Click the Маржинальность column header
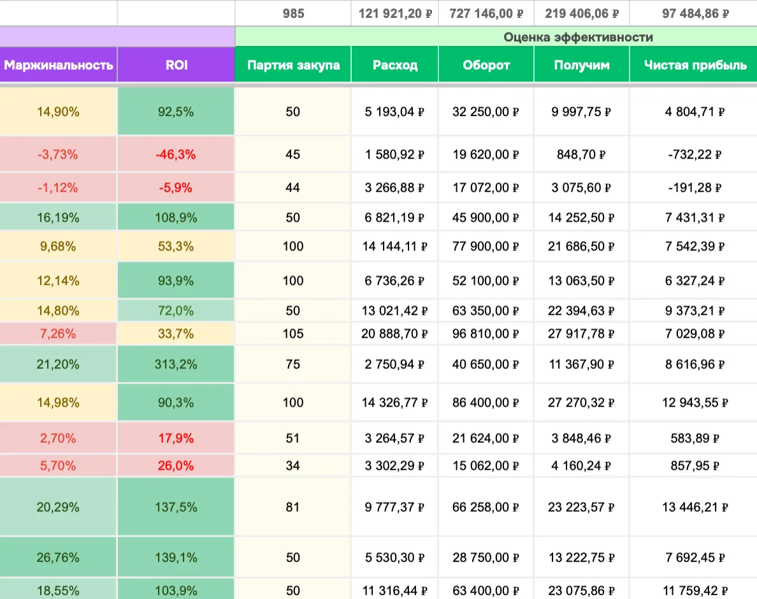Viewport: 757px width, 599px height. coord(59,65)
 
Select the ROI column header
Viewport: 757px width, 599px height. coord(177,65)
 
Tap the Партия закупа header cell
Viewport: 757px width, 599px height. coord(293,65)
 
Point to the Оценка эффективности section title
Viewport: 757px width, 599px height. coord(578,37)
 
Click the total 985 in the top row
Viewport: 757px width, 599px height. coord(294,13)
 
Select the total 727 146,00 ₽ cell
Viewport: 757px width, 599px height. coord(486,13)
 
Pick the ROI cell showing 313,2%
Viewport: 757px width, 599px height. coord(176,364)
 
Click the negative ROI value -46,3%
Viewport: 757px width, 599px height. coord(176,154)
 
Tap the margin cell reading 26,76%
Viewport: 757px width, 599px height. coord(58,558)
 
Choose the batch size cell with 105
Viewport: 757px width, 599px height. coord(293,333)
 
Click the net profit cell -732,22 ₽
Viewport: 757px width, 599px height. coord(695,154)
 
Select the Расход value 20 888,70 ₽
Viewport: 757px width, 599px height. coord(394,333)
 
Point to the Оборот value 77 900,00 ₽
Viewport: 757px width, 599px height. coord(486,246)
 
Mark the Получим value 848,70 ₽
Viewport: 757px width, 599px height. coord(581,154)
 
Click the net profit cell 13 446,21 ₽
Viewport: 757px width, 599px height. coord(695,507)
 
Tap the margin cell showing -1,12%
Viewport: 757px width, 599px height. coord(58,188)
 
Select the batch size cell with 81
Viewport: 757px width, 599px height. coord(292,507)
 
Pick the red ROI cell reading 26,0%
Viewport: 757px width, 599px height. coord(176,466)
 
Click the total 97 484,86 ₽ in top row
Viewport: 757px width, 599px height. coord(696,13)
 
